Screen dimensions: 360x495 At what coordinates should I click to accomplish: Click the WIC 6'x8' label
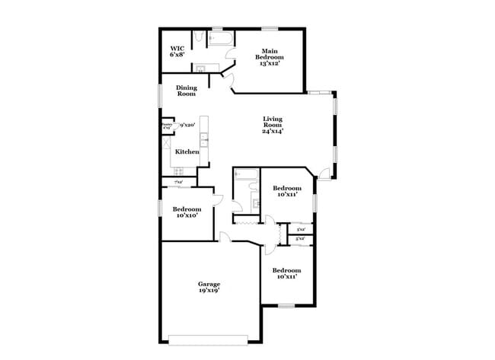pos(176,51)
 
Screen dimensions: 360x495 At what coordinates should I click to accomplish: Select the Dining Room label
pos(187,91)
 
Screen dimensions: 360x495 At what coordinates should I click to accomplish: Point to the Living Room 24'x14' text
pos(273,125)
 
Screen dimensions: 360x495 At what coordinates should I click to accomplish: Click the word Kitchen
pos(187,152)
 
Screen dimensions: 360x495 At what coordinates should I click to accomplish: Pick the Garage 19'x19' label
pos(209,288)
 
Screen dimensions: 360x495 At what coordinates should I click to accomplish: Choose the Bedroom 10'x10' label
pos(187,212)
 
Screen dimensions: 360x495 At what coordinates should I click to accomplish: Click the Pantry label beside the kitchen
pos(166,126)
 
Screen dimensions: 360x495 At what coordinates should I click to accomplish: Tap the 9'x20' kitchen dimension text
pos(187,125)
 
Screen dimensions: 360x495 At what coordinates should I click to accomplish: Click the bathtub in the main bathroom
pos(220,38)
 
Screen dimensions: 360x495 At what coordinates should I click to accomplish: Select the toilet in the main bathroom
pos(197,38)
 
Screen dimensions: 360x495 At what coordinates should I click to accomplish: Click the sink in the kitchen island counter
pos(203,139)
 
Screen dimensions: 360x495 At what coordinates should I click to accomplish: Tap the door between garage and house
pos(224,237)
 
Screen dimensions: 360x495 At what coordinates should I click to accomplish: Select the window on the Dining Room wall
pos(160,95)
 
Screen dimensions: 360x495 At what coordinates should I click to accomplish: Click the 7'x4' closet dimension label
pos(178,183)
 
